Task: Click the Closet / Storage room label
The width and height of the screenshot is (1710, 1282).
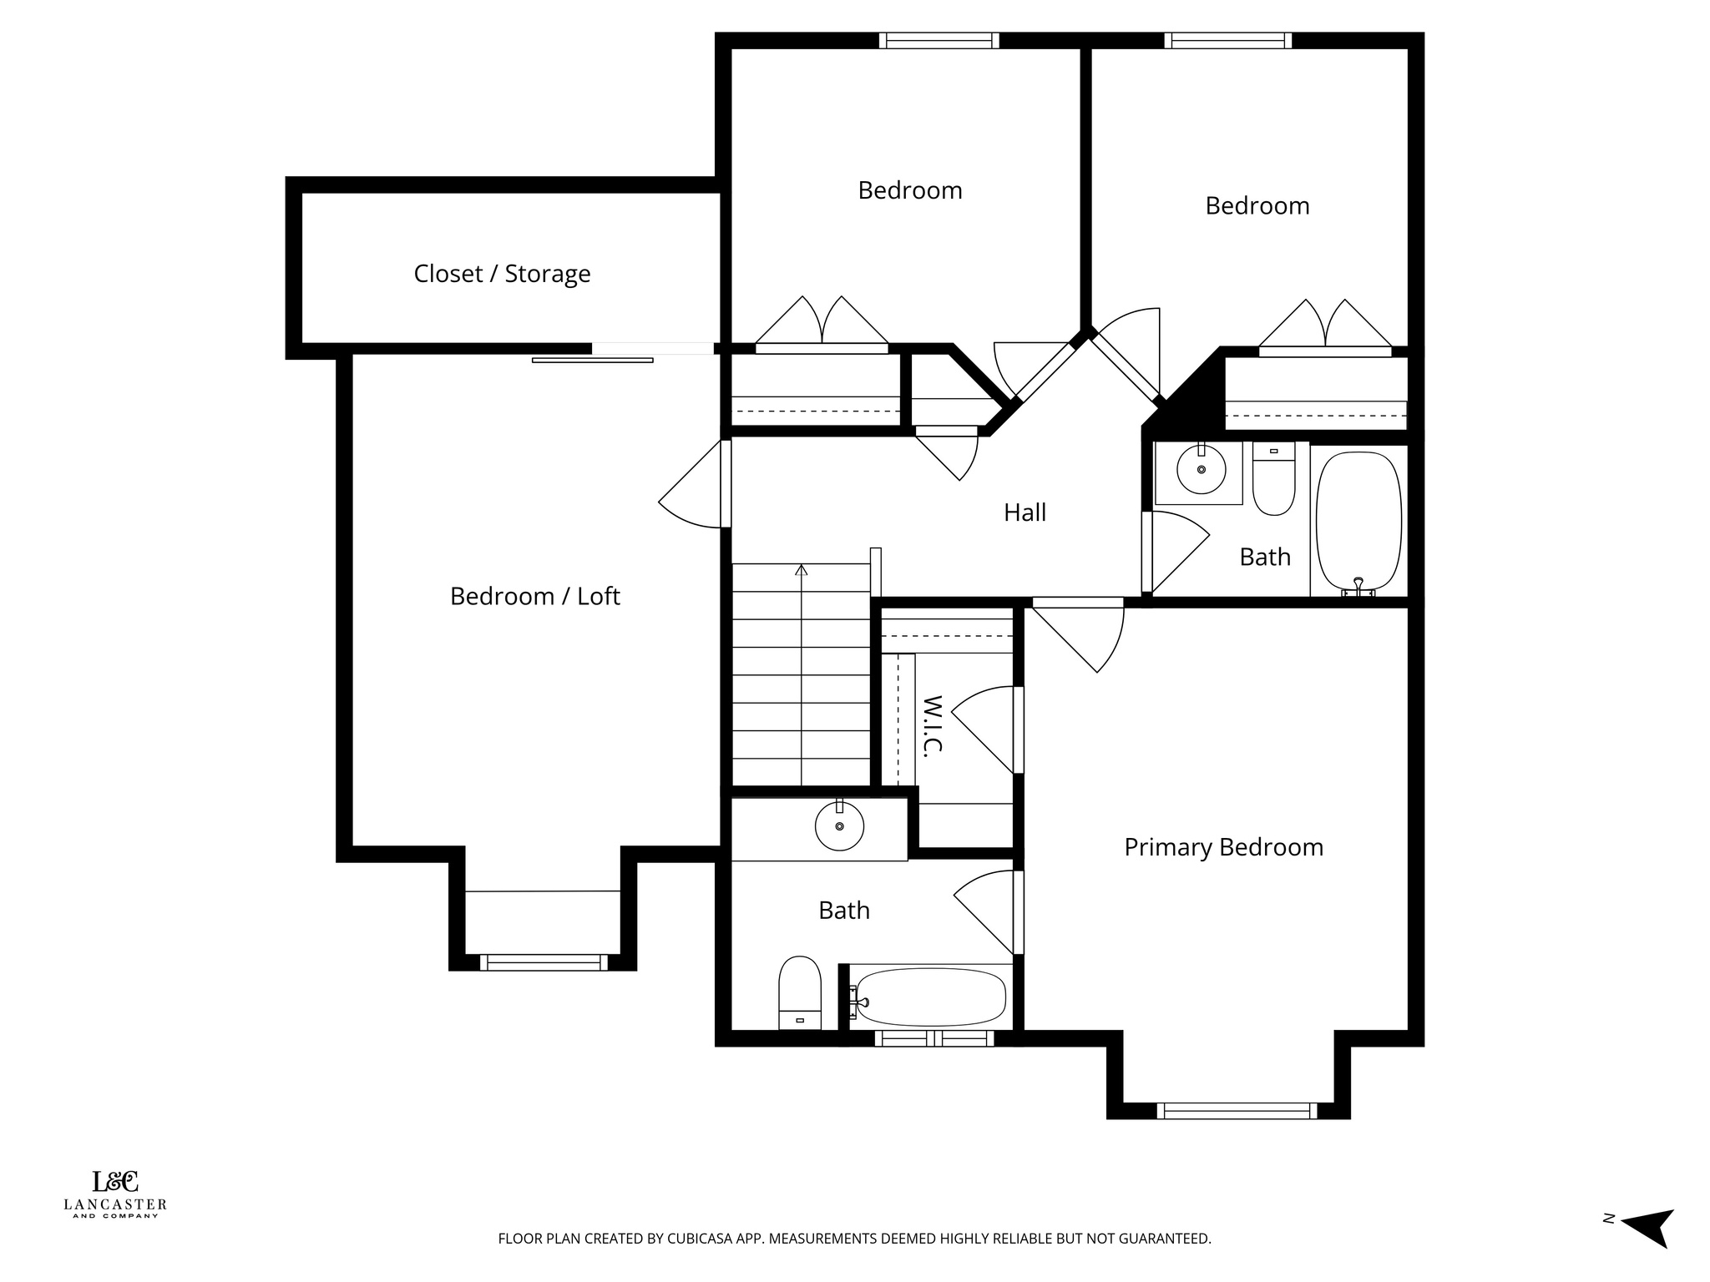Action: (x=502, y=274)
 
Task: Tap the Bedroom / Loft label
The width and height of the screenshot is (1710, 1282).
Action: (x=534, y=596)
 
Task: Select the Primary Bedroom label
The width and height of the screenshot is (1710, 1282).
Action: (x=1223, y=847)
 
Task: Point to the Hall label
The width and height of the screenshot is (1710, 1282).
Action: (x=1024, y=512)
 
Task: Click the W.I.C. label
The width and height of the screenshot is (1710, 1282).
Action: (x=933, y=725)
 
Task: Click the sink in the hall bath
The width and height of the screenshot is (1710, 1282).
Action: (x=1201, y=470)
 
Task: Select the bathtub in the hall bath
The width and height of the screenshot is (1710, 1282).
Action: (x=1358, y=521)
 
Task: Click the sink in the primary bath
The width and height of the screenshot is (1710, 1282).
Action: (x=839, y=825)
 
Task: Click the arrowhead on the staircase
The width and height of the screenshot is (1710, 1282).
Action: (x=802, y=570)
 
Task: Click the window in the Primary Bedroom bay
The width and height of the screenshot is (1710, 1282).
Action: (x=1237, y=1110)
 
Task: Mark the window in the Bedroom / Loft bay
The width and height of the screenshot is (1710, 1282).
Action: (x=544, y=962)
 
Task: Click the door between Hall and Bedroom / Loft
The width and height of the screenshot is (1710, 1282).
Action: (x=725, y=483)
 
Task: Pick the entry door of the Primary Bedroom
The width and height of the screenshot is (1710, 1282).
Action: (x=1078, y=603)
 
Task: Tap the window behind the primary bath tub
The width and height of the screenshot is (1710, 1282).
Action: (x=934, y=1038)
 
